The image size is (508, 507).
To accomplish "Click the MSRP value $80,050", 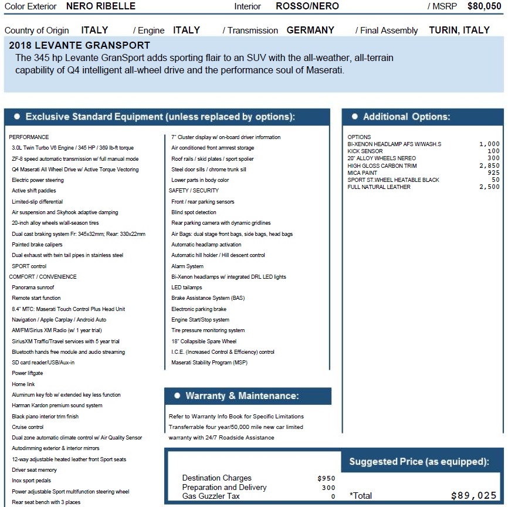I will point(484,6).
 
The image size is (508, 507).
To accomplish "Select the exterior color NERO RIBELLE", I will point(100,6).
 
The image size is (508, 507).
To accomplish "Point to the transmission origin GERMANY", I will point(310,30).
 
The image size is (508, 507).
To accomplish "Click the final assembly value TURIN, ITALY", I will point(459,30).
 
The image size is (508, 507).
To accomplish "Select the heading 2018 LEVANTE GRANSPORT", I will point(80,46).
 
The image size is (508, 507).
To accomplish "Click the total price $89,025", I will point(473,495).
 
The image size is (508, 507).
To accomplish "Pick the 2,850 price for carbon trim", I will point(489,165).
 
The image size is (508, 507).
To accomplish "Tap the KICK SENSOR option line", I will point(365,151).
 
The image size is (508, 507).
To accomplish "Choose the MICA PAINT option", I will point(363,173).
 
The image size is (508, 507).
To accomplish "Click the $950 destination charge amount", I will point(326,478).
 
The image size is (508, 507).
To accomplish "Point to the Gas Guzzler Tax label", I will point(211,496).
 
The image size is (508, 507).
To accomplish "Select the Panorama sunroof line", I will point(33,288).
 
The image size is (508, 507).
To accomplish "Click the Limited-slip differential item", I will point(37,201).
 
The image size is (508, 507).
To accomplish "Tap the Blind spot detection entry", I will point(194,212).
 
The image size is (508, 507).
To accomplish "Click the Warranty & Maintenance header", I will point(242,396).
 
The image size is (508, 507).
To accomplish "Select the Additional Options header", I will point(406,117).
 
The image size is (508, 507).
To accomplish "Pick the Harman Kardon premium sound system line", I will point(57,405).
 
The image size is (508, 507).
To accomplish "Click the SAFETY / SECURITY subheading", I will point(194,191).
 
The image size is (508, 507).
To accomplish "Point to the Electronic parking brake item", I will point(198,309).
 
